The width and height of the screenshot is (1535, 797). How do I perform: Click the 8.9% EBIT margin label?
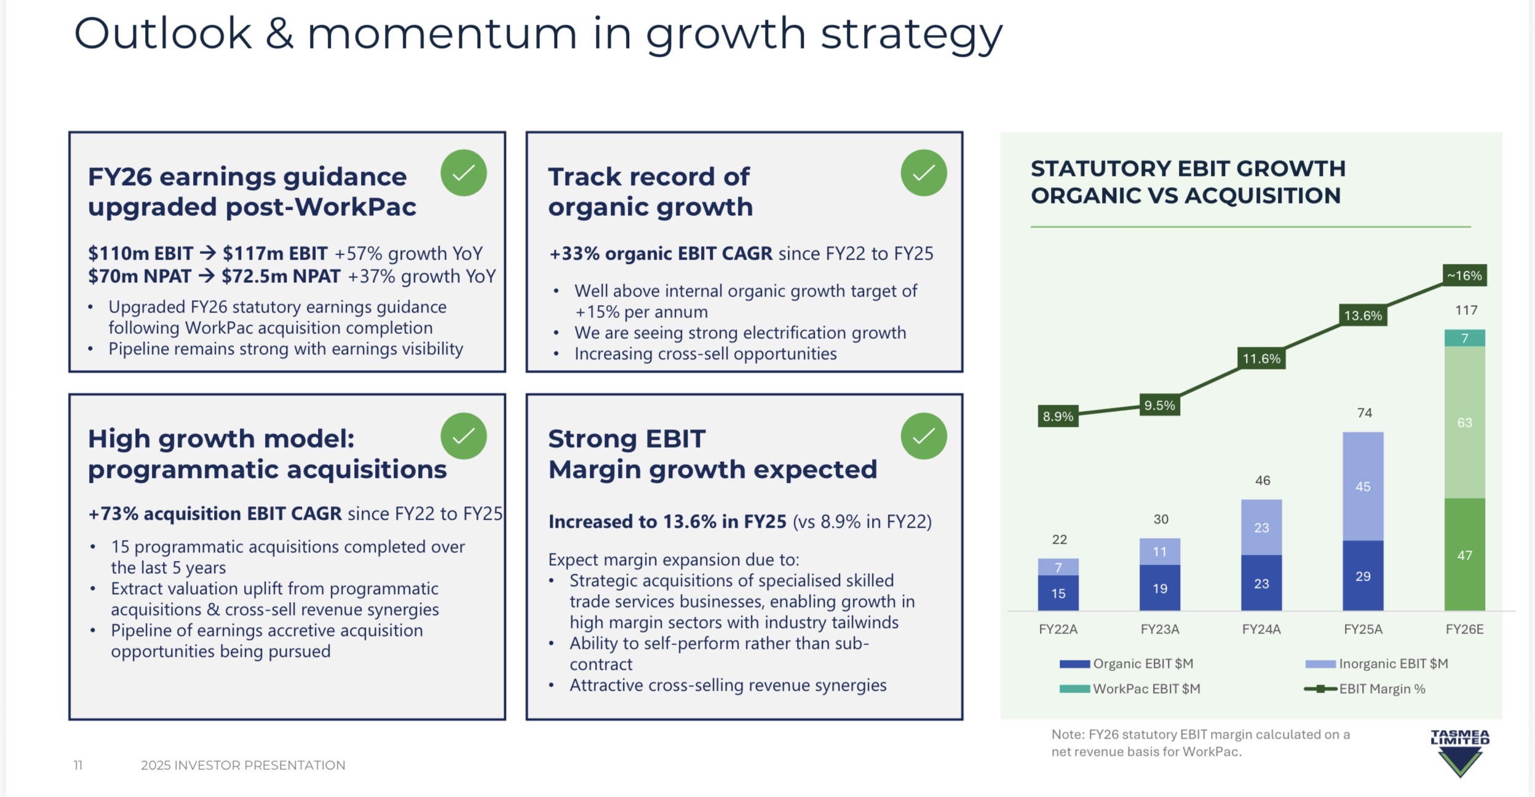[1058, 416]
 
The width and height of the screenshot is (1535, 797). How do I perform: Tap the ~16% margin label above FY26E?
[1464, 276]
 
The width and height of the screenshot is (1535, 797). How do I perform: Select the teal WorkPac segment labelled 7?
[1464, 338]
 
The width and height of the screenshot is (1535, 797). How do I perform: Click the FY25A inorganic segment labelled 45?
[1363, 486]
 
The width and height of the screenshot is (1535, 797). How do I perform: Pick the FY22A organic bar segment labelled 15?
[1058, 593]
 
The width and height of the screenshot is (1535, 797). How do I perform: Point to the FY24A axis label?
[1261, 629]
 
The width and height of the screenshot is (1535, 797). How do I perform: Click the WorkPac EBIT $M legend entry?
[1130, 689]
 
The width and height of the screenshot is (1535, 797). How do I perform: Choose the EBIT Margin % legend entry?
[1365, 689]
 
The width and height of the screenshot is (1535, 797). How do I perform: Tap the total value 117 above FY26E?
[1466, 310]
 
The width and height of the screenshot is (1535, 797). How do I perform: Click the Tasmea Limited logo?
[1460, 753]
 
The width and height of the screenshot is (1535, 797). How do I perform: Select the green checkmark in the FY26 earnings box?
[464, 173]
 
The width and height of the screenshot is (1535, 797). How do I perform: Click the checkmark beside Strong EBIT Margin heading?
[924, 436]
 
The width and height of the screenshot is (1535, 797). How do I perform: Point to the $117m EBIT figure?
[275, 253]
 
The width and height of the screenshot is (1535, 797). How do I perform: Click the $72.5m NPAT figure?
[281, 276]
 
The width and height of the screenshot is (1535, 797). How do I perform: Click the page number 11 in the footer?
[78, 765]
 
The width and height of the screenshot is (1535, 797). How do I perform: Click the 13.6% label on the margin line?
[1363, 315]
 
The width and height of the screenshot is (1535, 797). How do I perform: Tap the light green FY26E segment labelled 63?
[1464, 422]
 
